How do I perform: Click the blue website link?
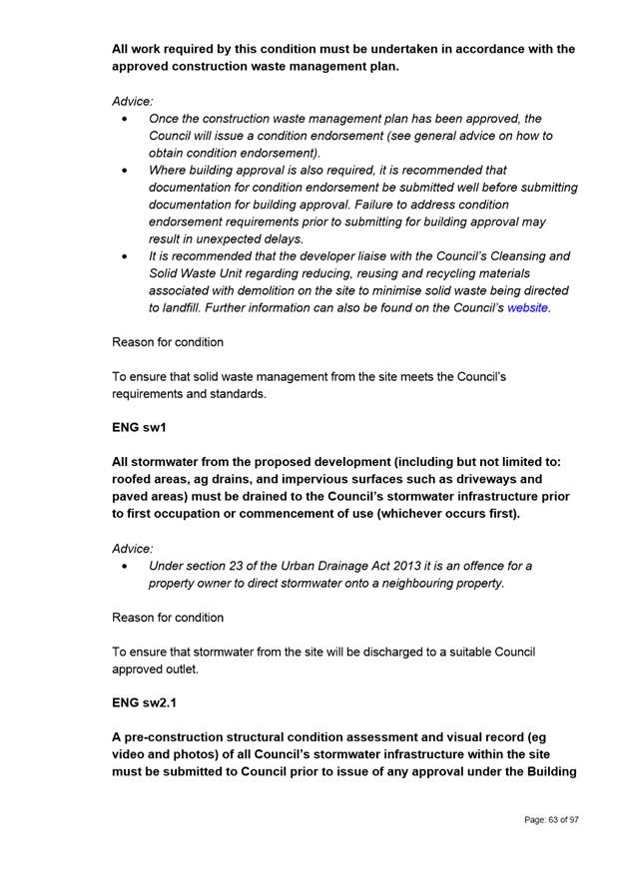pyautogui.click(x=527, y=308)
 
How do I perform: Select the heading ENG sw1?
pyautogui.click(x=139, y=428)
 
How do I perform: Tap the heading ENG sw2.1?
pyautogui.click(x=145, y=703)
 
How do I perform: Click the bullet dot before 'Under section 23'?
pyautogui.click(x=124, y=566)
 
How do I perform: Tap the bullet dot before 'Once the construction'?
pyautogui.click(x=124, y=119)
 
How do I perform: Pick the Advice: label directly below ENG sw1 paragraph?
pyautogui.click(x=132, y=548)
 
